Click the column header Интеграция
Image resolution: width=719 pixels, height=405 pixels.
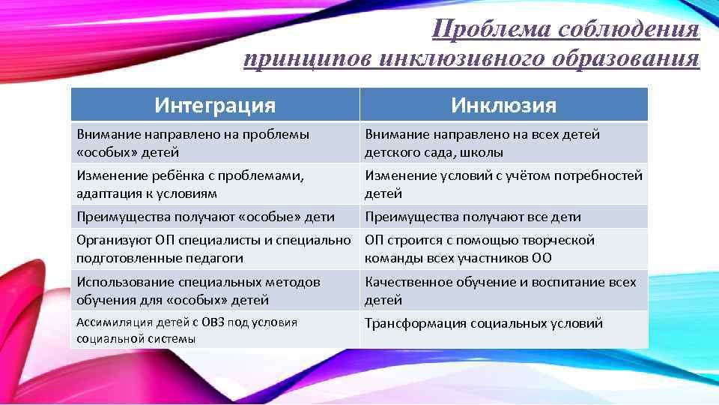(x=215, y=105)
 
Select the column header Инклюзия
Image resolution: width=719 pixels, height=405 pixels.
(x=503, y=105)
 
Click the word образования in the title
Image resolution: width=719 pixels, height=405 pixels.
(x=625, y=58)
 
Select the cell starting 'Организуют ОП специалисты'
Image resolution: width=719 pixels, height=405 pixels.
(x=213, y=249)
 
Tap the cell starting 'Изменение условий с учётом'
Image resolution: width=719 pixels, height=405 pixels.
(x=503, y=184)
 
